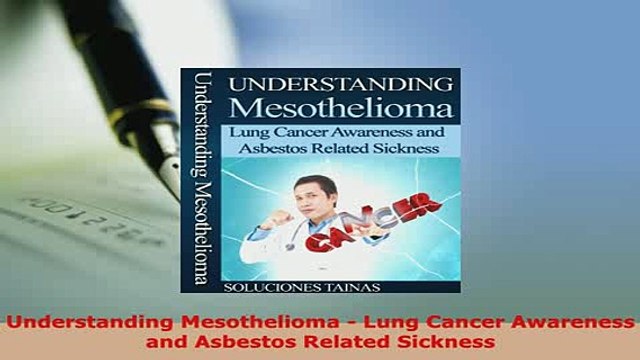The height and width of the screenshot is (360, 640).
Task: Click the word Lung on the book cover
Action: pos(250,131)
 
